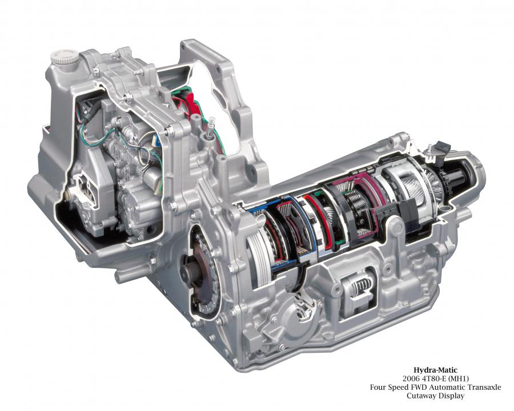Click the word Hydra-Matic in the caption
[x=435, y=370]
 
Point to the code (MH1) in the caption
[x=458, y=379]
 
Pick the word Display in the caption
[x=451, y=396]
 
